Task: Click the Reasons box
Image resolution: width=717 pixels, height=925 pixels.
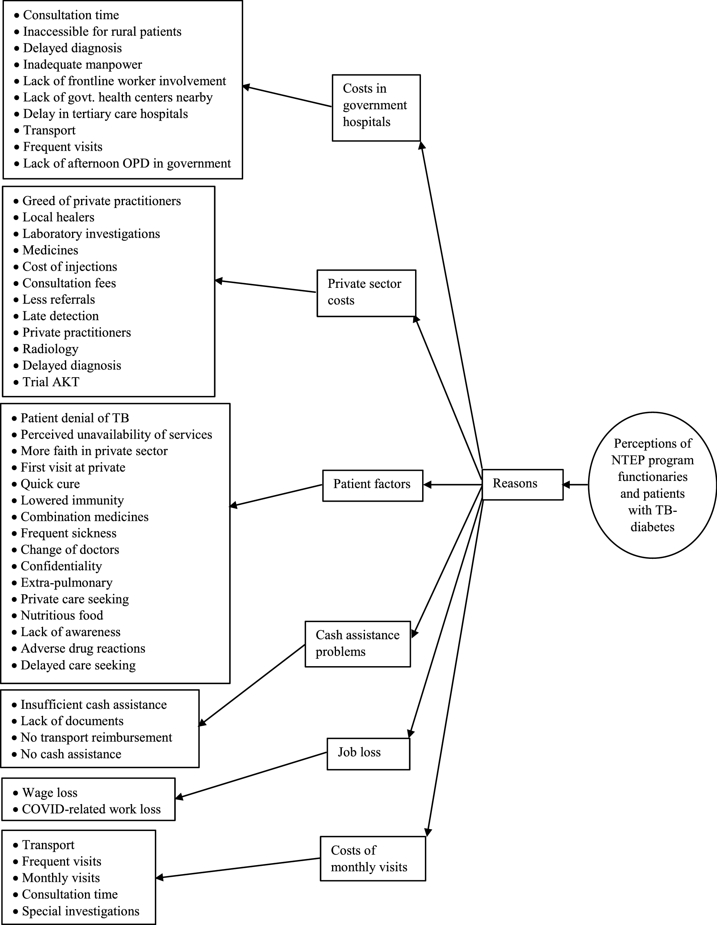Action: [x=522, y=484]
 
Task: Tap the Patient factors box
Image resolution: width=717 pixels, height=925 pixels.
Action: [x=372, y=485]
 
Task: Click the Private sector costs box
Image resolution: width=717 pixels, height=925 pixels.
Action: [x=366, y=293]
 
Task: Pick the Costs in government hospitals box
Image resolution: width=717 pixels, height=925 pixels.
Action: [x=376, y=108]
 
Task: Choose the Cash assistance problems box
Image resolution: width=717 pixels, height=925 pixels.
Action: [x=358, y=644]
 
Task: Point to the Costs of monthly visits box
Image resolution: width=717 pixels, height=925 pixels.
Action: [x=372, y=858]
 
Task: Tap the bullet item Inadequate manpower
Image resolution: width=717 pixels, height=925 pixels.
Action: [x=82, y=64]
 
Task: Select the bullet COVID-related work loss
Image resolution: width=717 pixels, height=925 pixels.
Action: [x=91, y=809]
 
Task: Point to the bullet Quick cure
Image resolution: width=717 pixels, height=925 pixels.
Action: [x=50, y=484]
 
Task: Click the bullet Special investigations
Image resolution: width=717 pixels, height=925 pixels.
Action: [x=80, y=911]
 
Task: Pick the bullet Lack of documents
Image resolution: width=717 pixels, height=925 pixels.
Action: [x=72, y=721]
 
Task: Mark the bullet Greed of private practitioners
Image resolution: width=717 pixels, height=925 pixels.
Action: [x=101, y=201]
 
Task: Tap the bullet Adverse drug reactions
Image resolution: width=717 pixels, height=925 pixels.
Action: [x=83, y=649]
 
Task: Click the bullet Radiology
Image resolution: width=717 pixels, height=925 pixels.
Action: [x=50, y=349]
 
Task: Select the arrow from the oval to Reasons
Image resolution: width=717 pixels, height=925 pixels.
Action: [x=576, y=484]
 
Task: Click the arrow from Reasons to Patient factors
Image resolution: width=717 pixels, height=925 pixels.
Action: [x=452, y=484]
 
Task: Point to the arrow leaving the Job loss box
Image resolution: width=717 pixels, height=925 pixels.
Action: [x=251, y=775]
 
